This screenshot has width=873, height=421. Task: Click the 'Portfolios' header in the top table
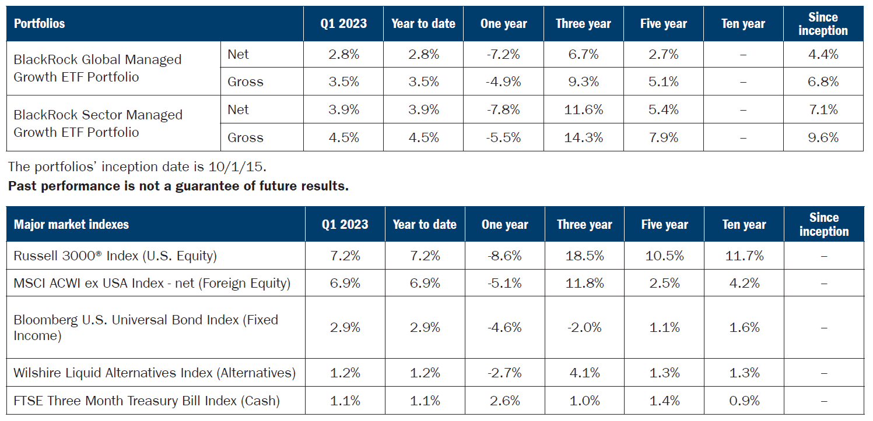click(x=39, y=24)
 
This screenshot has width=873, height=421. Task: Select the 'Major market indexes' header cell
click(x=71, y=224)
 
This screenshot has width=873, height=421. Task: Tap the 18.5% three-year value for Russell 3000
click(x=584, y=256)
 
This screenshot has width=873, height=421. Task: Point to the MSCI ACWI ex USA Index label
click(x=152, y=283)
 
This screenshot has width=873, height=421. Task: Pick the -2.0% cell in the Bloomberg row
click(x=584, y=327)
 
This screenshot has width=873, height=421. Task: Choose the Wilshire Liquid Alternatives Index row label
click(x=155, y=373)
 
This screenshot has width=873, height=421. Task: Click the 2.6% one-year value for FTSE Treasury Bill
click(x=504, y=401)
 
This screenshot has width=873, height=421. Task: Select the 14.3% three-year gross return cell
click(x=583, y=137)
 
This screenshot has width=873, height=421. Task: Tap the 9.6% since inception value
click(x=823, y=137)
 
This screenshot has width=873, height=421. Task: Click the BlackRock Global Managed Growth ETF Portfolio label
click(x=97, y=68)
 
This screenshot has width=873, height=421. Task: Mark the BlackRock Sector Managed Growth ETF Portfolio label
click(x=97, y=123)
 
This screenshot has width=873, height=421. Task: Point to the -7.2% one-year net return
click(x=503, y=54)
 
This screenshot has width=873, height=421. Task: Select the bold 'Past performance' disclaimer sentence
click(x=178, y=187)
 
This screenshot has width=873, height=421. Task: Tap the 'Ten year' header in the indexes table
click(x=744, y=224)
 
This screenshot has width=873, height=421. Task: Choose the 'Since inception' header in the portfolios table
click(x=823, y=24)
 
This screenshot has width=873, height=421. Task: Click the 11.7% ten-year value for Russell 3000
click(x=744, y=256)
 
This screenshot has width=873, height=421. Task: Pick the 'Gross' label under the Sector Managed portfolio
click(x=246, y=137)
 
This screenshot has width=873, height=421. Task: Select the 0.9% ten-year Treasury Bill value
click(x=744, y=401)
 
